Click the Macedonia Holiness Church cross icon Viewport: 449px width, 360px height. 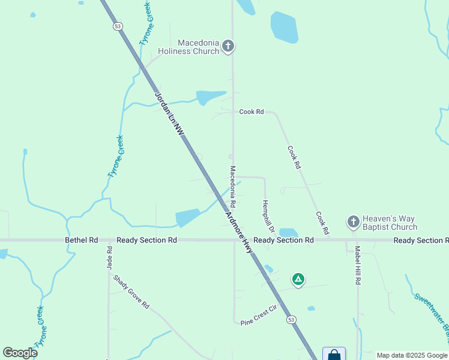228,46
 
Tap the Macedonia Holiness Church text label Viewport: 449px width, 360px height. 188,47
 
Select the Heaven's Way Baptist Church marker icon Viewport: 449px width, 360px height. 354,223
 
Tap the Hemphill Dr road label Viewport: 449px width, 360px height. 268,217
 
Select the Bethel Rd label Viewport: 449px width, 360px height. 81,240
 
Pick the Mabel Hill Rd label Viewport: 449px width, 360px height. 357,265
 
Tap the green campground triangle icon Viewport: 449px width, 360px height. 298,279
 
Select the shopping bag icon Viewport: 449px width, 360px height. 334,355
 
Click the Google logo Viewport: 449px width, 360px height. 20,352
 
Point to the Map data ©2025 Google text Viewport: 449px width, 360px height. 411,355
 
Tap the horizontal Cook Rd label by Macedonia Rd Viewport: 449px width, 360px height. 252,112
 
